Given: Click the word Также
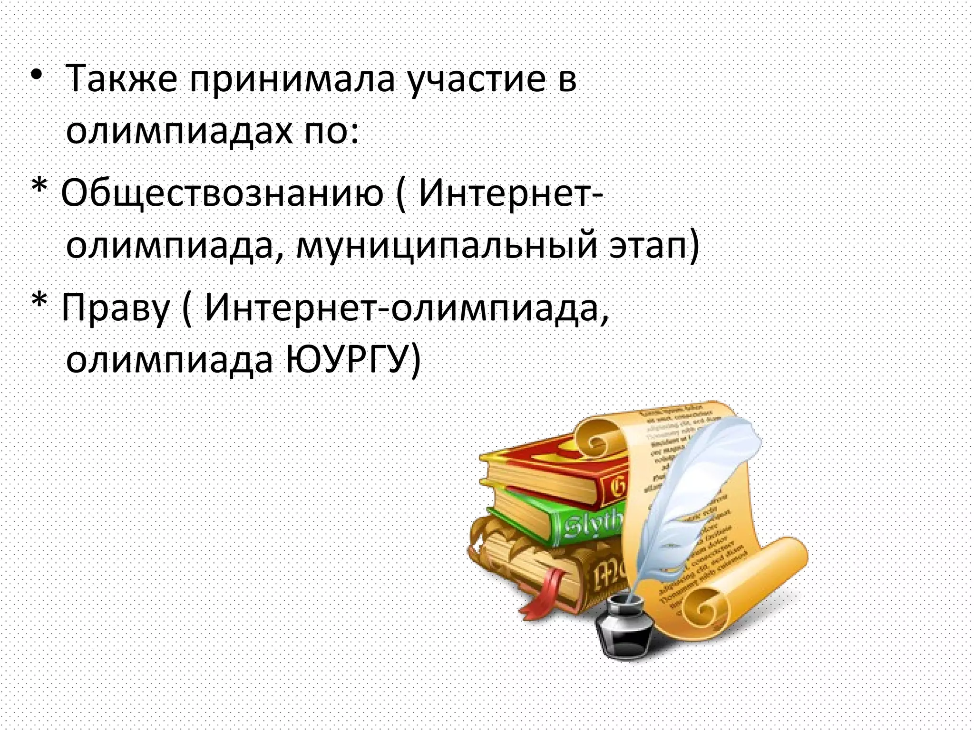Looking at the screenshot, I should coord(121,78).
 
